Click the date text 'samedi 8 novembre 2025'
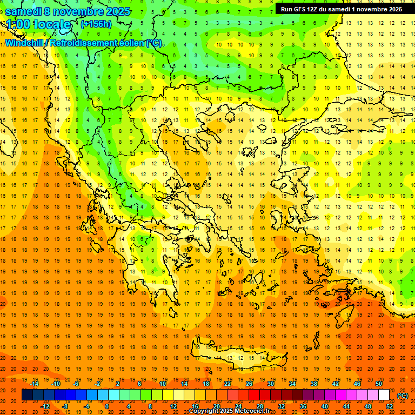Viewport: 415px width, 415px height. [68, 11]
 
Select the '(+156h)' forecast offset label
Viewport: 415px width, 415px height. [96, 24]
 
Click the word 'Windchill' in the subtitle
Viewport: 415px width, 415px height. [25, 43]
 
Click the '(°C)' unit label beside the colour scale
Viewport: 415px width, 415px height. [403, 396]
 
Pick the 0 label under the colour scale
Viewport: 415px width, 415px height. [106, 406]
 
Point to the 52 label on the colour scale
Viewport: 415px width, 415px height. [390, 406]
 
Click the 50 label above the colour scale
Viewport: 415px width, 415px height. [378, 384]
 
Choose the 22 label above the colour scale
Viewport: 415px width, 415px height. [227, 384]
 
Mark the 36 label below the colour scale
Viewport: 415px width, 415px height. [303, 406]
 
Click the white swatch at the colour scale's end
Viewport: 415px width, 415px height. [384, 395]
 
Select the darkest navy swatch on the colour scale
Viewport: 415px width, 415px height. [27, 395]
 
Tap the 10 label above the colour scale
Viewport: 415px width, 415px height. [163, 384]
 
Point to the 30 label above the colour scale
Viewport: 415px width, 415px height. [271, 384]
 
